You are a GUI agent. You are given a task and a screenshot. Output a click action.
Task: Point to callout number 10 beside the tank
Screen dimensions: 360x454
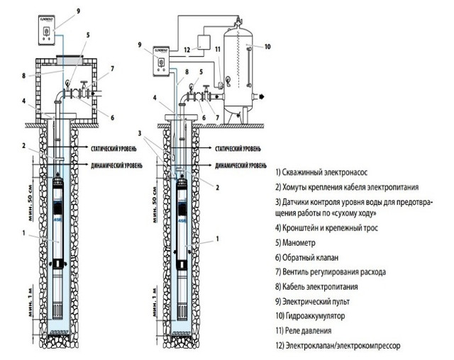tap(267, 47)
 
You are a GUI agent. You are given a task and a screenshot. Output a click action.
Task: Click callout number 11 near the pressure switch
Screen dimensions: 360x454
tap(219, 50)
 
